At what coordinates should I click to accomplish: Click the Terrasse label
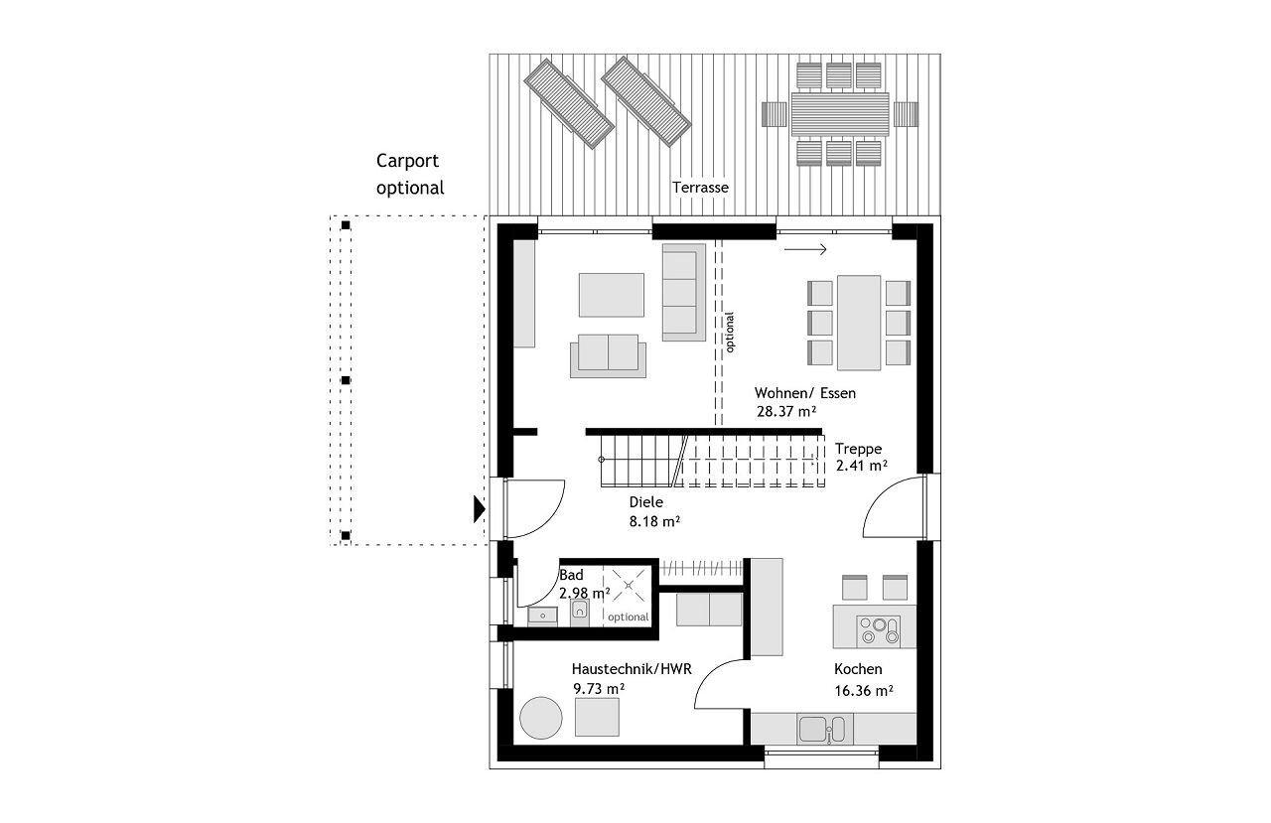(700, 188)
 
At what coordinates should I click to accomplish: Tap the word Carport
(407, 161)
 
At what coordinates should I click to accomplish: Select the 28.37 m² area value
(786, 411)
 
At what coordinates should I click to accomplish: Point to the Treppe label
(858, 449)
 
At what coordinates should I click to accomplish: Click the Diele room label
(645, 502)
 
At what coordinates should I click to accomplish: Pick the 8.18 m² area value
(654, 520)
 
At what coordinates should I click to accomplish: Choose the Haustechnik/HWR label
(632, 669)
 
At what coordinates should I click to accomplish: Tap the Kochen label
(858, 669)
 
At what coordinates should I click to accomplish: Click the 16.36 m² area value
(864, 691)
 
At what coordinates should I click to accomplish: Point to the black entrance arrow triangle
(480, 508)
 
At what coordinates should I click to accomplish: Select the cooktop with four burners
(879, 630)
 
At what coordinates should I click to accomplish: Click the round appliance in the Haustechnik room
(541, 718)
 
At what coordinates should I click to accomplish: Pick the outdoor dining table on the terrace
(840, 114)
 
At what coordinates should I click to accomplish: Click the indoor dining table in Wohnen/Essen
(859, 323)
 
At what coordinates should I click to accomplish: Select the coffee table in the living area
(611, 295)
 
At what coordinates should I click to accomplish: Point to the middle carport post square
(346, 380)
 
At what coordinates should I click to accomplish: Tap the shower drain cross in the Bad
(629, 586)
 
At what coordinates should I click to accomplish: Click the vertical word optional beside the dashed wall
(730, 333)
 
